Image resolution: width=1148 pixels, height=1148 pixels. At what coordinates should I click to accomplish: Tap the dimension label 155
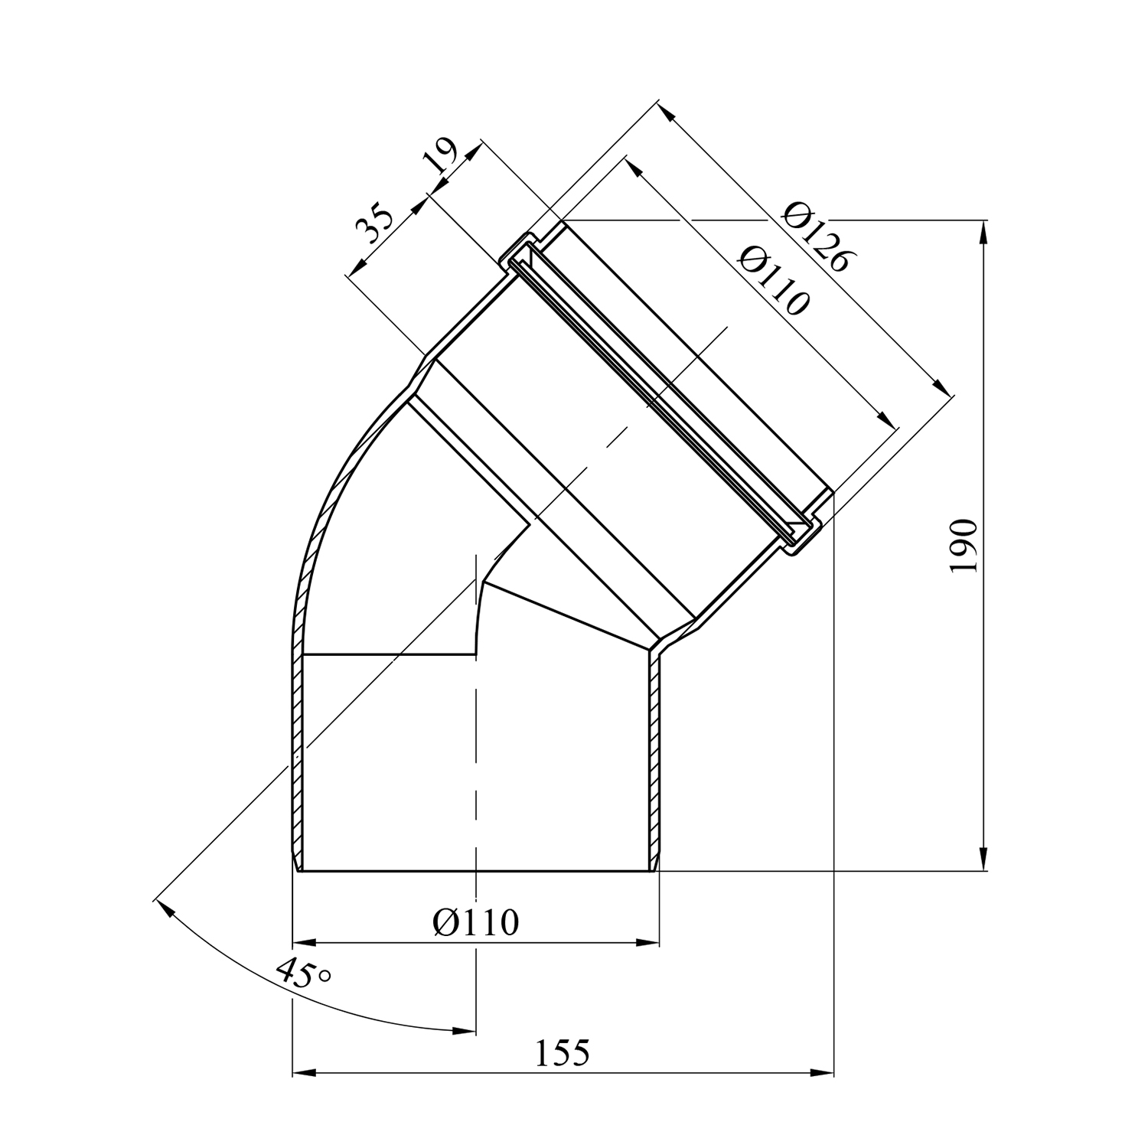click(x=563, y=1053)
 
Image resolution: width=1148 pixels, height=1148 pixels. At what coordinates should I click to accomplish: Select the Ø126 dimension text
click(x=816, y=236)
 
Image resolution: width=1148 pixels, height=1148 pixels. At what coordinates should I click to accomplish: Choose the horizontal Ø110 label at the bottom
click(x=475, y=922)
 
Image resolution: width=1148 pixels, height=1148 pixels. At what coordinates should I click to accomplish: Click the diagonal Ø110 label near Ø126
click(x=773, y=280)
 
